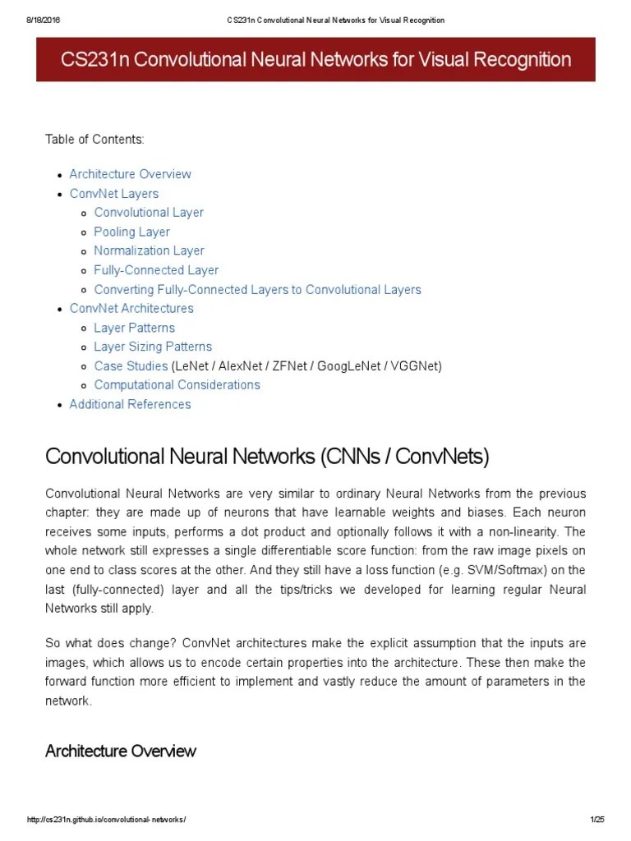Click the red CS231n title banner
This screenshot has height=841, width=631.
click(315, 59)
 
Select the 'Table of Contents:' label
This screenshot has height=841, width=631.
click(94, 140)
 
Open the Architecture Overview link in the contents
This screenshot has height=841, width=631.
click(130, 174)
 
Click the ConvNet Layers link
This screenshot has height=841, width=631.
click(114, 194)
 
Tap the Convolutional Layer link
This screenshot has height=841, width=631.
click(149, 213)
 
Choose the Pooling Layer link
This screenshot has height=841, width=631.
click(131, 232)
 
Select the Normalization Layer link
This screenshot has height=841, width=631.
click(149, 250)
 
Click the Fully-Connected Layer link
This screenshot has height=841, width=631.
click(156, 270)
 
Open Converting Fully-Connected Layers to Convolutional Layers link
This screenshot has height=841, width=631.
click(257, 289)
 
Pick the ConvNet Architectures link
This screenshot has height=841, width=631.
click(131, 309)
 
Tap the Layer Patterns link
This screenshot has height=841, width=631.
click(134, 328)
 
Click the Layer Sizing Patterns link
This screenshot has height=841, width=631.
click(153, 347)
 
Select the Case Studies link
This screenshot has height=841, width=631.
click(131, 365)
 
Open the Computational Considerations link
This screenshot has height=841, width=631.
click(177, 385)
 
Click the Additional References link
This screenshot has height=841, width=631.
click(130, 404)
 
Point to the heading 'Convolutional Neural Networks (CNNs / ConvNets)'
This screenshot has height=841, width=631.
click(266, 456)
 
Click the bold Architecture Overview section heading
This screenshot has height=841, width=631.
click(120, 751)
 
